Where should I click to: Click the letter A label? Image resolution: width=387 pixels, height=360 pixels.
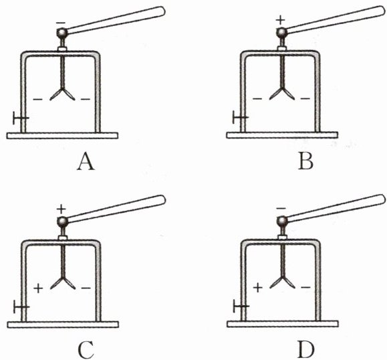pos(86,161)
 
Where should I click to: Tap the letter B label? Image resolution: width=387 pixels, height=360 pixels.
pos(305,161)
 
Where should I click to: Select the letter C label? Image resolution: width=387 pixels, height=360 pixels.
pos(86,350)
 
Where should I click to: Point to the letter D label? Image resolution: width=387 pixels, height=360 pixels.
pos(306,350)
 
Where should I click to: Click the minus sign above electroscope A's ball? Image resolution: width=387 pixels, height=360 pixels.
pos(60,23)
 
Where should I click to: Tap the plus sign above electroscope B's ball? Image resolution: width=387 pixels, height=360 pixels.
pos(280,20)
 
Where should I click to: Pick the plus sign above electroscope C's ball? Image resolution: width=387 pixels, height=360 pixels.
pos(61,209)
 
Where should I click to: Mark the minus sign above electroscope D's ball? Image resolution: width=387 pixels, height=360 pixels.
pos(281,208)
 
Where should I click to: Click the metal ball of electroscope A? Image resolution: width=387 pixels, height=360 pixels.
pos(62,33)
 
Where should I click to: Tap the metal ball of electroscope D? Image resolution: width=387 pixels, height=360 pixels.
pos(282,221)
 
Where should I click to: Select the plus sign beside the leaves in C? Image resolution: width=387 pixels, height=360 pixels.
pos(38,288)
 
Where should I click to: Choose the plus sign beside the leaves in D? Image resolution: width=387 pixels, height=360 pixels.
pos(258,288)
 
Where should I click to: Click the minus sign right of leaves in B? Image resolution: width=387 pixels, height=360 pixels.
pos(305,99)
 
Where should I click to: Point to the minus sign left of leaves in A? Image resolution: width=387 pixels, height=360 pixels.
pos(37,99)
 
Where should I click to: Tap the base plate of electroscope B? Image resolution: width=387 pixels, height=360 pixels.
pos(282,135)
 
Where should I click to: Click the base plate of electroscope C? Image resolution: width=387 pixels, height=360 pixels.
pos(63,325)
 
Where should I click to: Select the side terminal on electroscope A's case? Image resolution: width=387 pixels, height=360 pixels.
pos(21,118)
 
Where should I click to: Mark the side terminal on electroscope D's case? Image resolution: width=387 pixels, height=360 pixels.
pos(241,306)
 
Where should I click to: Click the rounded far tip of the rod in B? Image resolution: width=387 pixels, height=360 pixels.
pos(382,11)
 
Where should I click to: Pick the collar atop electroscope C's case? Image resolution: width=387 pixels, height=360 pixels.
pos(63,238)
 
